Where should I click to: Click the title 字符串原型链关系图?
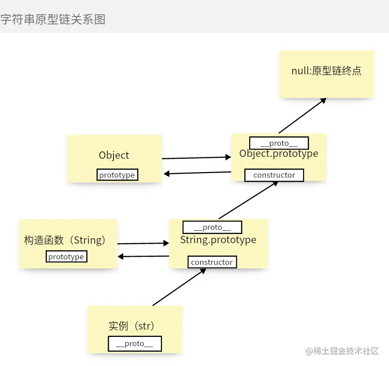53,19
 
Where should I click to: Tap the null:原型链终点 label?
326,71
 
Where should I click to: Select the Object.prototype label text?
279,154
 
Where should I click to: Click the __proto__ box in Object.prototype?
279,143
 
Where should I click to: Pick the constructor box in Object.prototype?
274,175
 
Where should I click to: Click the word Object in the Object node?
114,156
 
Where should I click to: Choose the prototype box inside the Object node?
117,175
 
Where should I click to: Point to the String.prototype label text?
218,240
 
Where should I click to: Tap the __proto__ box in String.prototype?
212,227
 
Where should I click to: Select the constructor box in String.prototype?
212,262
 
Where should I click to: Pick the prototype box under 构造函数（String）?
66,257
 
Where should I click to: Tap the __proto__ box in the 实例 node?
135,343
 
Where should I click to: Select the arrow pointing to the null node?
302,115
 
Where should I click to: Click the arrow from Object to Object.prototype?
196,158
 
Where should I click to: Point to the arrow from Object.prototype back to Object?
197,173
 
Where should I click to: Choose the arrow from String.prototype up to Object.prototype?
248,199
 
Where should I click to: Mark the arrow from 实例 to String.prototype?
179,287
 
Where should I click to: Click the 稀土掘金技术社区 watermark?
342,351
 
